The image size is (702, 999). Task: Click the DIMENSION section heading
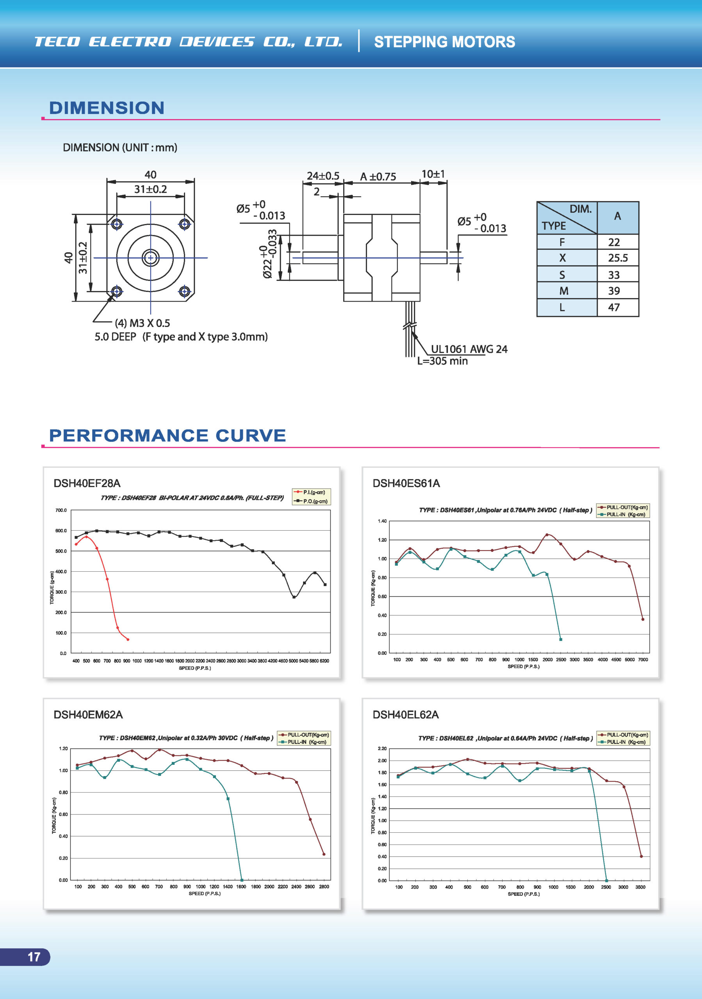pos(107,108)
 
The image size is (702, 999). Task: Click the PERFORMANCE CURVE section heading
pos(167,436)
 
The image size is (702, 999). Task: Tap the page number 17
pos(34,957)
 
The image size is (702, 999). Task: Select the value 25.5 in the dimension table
pos(618,258)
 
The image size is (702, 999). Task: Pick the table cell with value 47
pos(614,308)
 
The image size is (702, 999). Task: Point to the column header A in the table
pos(617,216)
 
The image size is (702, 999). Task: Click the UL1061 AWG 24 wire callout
pos(469,349)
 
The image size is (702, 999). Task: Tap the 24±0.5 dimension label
pos(322,176)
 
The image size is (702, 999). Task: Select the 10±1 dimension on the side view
pos(433,174)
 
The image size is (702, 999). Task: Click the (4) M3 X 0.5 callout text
pos(143,323)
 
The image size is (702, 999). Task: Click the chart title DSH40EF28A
pos(87,484)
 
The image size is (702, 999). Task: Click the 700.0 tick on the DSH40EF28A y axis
pos(61,510)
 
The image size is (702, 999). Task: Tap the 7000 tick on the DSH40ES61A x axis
pos(643,659)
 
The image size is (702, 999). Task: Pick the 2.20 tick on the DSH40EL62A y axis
pos(382,748)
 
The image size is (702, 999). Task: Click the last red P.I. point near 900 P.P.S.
pos(128,639)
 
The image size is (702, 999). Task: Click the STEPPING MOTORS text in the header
pos(444,42)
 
